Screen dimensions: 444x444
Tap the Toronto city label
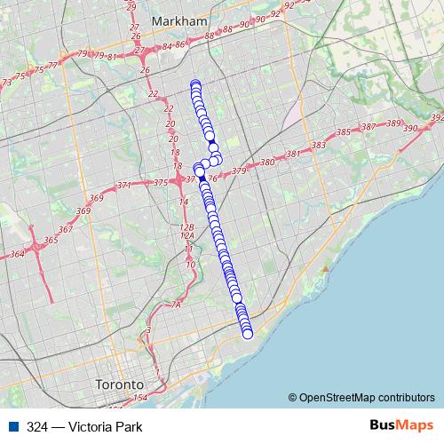[x=119, y=385]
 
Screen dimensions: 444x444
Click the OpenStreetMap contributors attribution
[x=367, y=397]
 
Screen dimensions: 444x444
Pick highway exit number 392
[x=436, y=117]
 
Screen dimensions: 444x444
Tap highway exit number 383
[x=319, y=145]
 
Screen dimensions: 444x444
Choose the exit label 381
[x=294, y=154]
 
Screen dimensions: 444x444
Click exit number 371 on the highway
[x=123, y=185]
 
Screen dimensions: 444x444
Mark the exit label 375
[x=161, y=182]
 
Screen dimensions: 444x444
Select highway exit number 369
[x=83, y=210]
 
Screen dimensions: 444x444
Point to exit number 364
[x=17, y=255]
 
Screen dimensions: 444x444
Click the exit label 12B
[x=186, y=227]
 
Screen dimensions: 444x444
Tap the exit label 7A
[x=175, y=305]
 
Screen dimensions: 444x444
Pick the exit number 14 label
[x=184, y=202]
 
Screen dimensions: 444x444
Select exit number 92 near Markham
[x=288, y=5]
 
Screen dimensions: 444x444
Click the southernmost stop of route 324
[x=248, y=334]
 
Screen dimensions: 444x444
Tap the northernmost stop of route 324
[x=194, y=84]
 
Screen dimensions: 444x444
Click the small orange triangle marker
[x=327, y=267]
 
